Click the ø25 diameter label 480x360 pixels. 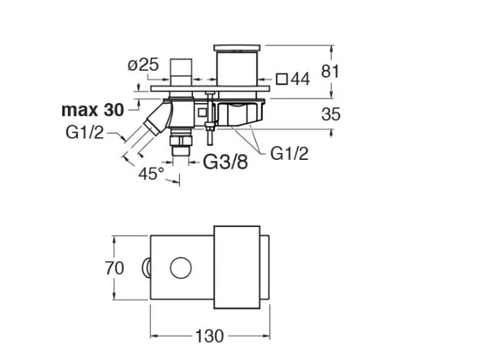143,65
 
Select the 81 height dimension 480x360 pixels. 330,72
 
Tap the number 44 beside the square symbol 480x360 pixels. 300,79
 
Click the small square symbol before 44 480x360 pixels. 282,79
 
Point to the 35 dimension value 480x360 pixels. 331,114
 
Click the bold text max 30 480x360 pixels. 93,110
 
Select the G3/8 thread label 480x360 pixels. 225,162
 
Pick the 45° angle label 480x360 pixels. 152,174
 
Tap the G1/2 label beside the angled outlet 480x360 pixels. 85,133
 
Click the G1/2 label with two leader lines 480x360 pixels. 289,153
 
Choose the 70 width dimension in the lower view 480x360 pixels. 115,268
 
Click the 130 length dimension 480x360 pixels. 210,336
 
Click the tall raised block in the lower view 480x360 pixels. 237,267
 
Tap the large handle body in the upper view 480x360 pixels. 237,68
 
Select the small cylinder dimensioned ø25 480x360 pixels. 181,72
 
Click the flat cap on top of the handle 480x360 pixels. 237,48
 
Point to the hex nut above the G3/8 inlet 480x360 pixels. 181,140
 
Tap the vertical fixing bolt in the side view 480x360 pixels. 210,118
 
